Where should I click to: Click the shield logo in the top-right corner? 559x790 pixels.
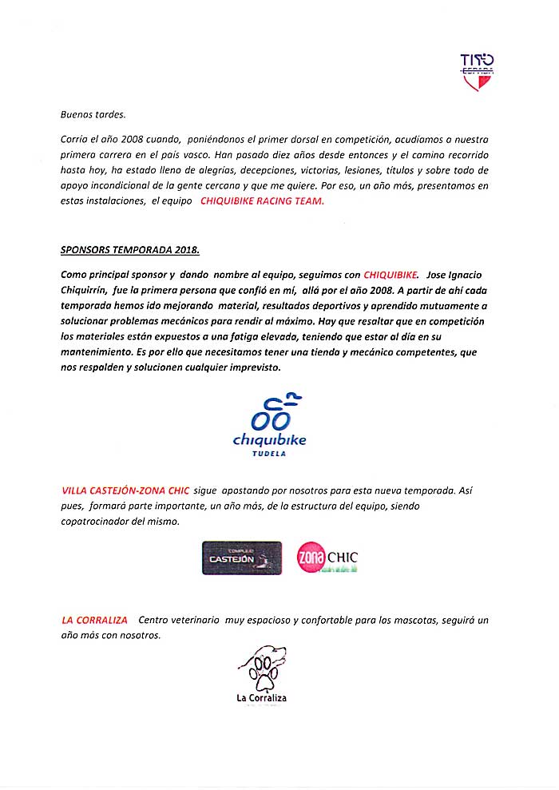click(x=478, y=70)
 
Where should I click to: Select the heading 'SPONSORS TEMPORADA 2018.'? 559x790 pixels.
click(x=130, y=249)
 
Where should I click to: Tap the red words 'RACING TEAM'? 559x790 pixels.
click(x=295, y=202)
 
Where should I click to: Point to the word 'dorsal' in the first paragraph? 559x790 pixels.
click(x=303, y=140)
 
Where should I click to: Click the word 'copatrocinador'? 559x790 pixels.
click(x=101, y=522)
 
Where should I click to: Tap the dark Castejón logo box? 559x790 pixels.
click(x=242, y=558)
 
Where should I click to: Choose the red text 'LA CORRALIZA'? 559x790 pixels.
click(x=93, y=620)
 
